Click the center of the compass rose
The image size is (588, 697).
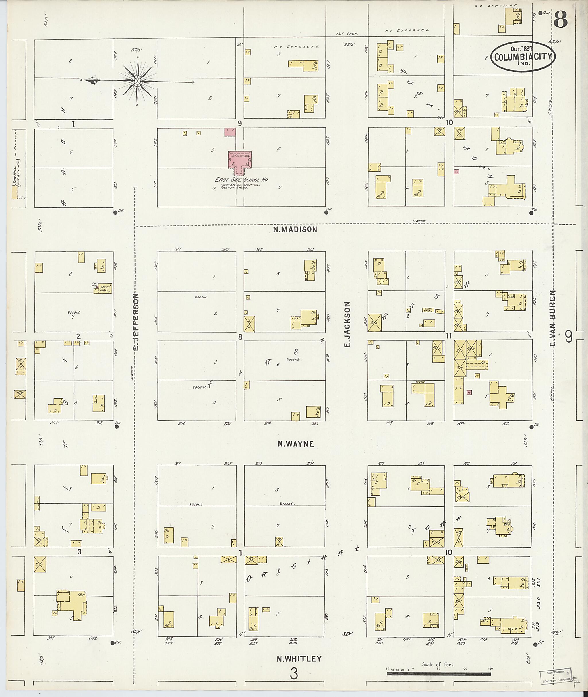pyautogui.click(x=137, y=81)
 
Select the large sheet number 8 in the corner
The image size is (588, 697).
pyautogui.click(x=560, y=19)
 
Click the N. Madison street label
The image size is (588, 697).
pyautogui.click(x=295, y=229)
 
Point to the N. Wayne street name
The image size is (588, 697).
pyautogui.click(x=296, y=444)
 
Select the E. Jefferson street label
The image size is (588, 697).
pyautogui.click(x=136, y=322)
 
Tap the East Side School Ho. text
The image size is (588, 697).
pyautogui.click(x=242, y=180)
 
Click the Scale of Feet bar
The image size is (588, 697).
pyautogui.click(x=439, y=674)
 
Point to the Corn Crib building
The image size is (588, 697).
pyautogui.click(x=427, y=310)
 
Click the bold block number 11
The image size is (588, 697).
pyautogui.click(x=449, y=335)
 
